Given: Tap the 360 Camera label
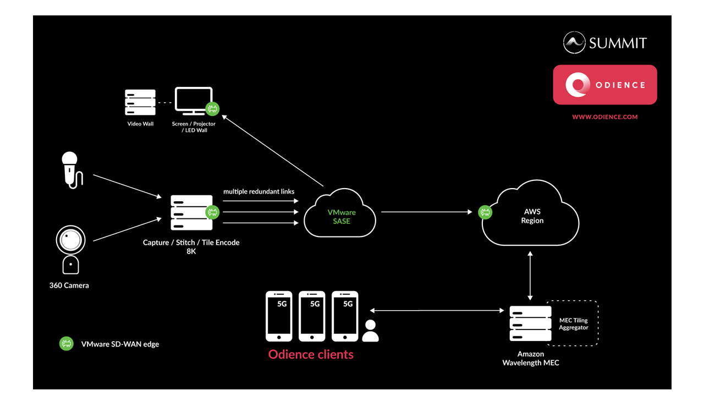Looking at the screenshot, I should pos(69,285).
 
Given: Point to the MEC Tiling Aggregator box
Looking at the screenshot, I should pos(573,323).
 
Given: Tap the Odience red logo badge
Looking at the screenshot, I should pos(605,85).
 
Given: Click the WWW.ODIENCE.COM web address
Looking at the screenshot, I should pos(605,117).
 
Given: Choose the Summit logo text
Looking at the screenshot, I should pos(617,43).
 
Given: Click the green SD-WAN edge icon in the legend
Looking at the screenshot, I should pos(67,344).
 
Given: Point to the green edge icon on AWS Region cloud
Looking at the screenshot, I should pos(485,212).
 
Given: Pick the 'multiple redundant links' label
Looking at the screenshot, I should pos(258,192).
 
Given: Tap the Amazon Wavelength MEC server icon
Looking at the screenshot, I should pos(530,323).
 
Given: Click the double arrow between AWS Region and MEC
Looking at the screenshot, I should pos(530,275).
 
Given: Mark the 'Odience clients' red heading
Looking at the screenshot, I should pos(311,355).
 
